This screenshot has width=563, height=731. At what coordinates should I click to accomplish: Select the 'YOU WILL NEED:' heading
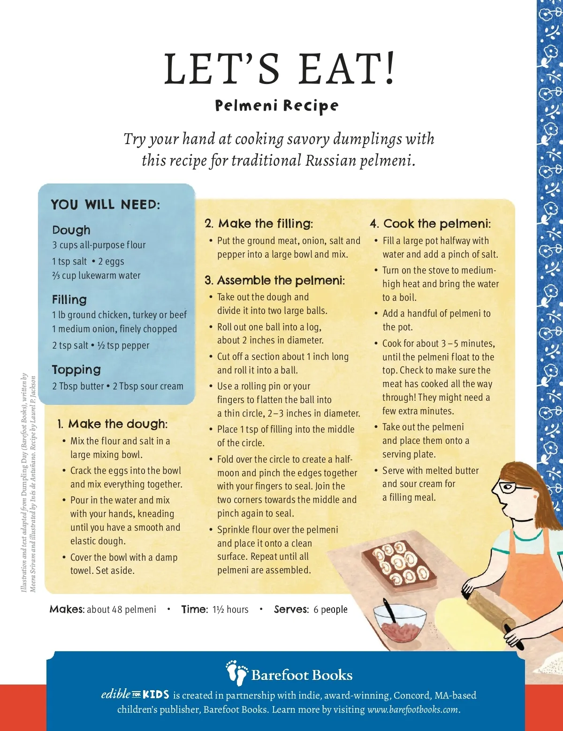[x=105, y=205]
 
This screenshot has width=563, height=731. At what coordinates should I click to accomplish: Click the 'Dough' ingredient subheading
[x=71, y=230]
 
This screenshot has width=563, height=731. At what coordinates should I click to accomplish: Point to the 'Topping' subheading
[x=76, y=370]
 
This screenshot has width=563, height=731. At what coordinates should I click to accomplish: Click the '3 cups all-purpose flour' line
[x=99, y=245]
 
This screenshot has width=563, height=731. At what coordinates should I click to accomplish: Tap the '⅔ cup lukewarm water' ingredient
[x=96, y=275]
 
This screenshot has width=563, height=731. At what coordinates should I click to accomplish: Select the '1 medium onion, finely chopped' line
[x=114, y=328]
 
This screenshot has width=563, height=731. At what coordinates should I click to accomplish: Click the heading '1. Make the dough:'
[x=112, y=424]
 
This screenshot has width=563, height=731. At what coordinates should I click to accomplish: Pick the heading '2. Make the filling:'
[x=259, y=223]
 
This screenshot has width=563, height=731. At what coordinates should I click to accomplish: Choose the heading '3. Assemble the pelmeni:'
[x=275, y=280]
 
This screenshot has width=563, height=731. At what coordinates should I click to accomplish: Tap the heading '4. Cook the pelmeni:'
[x=431, y=223]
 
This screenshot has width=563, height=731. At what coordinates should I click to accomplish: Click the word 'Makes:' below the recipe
[x=67, y=609]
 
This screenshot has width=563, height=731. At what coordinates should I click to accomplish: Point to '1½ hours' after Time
[x=230, y=609]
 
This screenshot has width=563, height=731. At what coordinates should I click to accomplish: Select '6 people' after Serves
[x=331, y=609]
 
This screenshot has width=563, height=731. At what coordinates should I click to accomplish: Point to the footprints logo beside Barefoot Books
[x=237, y=673]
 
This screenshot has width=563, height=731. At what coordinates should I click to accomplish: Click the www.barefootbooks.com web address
[x=413, y=709]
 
